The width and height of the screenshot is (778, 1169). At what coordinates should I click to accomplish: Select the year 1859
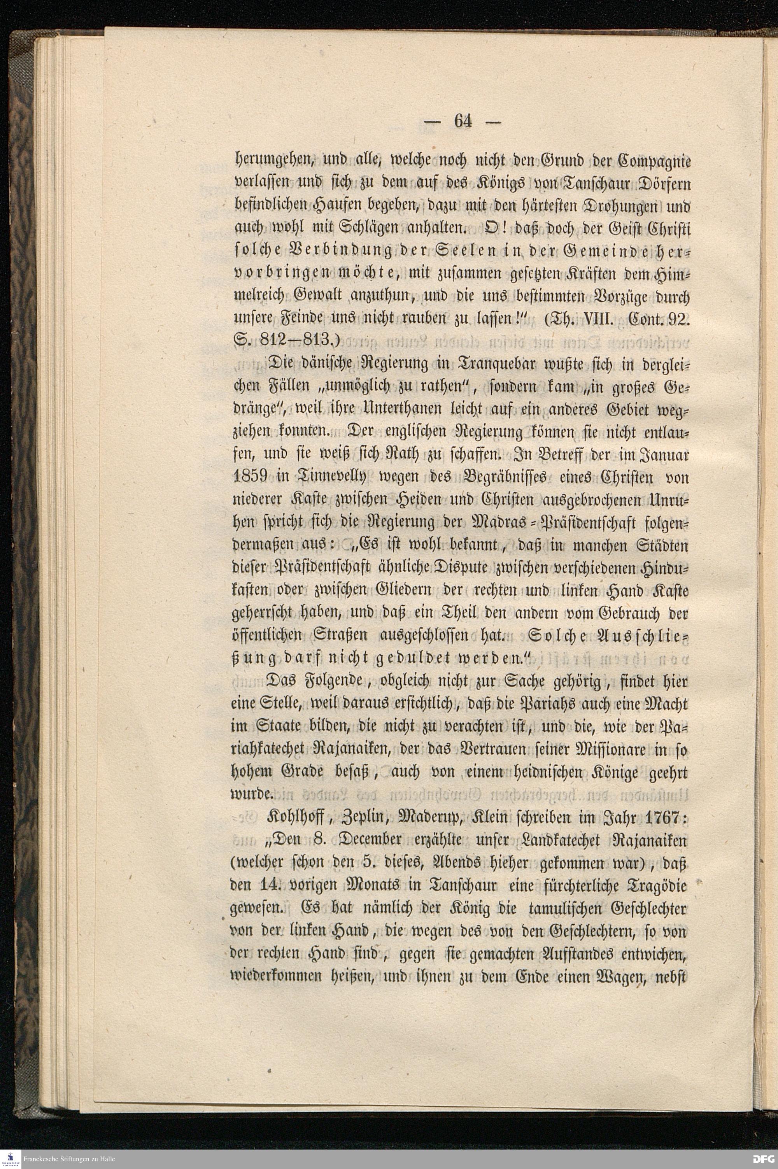(x=251, y=477)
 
